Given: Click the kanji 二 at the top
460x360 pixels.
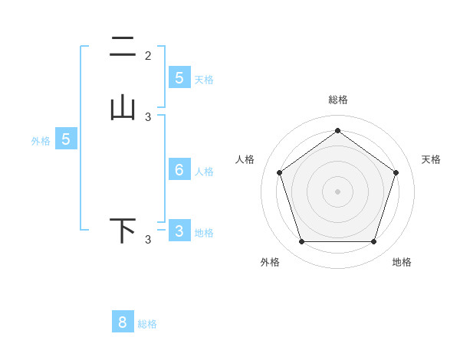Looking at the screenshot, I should [x=122, y=48].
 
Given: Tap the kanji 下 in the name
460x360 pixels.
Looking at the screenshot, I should [x=123, y=231].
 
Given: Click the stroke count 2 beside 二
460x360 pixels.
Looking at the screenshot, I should [x=148, y=55].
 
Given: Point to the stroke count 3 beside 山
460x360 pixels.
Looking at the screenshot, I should [x=148, y=117].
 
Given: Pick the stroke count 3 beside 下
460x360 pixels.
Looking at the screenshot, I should [x=148, y=240].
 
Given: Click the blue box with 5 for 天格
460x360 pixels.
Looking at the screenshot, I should [x=179, y=77].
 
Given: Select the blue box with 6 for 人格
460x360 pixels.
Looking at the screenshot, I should [x=179, y=170].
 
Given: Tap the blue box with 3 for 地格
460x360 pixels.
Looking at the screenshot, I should [x=179, y=231].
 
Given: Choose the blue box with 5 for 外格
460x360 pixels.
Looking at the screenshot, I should [x=66, y=139].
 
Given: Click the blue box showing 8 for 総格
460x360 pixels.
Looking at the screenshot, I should [x=123, y=322].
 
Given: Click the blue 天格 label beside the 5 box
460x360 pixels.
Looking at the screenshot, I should [x=204, y=79].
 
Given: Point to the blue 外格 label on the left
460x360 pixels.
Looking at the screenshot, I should [x=41, y=141].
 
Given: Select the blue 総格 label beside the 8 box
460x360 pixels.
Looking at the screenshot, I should [x=147, y=324].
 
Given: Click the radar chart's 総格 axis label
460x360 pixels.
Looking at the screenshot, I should [x=337, y=100].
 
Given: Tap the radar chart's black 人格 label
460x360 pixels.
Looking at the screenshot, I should [x=245, y=159].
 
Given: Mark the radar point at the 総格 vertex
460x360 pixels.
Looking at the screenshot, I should [x=337, y=130].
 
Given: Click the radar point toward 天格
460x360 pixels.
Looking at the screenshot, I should [x=396, y=172].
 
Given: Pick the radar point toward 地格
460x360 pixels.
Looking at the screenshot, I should [x=373, y=241].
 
